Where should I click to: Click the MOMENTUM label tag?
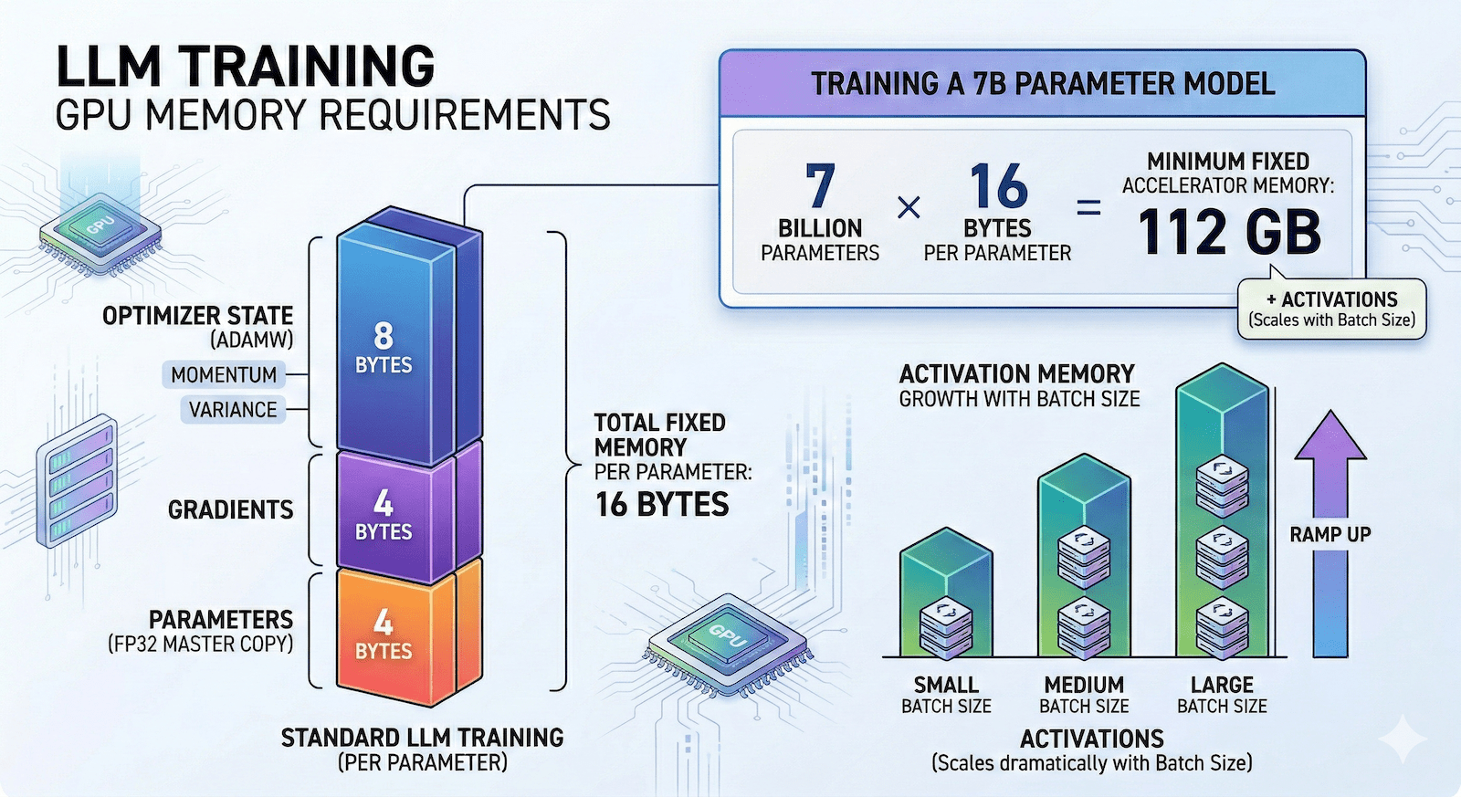tap(224, 374)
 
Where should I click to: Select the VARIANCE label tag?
tap(233, 410)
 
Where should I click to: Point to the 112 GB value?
tap(1229, 233)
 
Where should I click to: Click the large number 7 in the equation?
tap(820, 186)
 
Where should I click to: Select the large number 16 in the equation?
tap(998, 186)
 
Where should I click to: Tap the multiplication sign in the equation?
tap(909, 209)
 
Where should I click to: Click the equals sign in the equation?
tap(1088, 209)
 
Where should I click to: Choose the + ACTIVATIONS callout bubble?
tap(1332, 309)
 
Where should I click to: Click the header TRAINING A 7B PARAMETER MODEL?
tap(1043, 84)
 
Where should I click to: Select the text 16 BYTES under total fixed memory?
tap(662, 505)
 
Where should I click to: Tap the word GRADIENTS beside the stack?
tap(230, 509)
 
